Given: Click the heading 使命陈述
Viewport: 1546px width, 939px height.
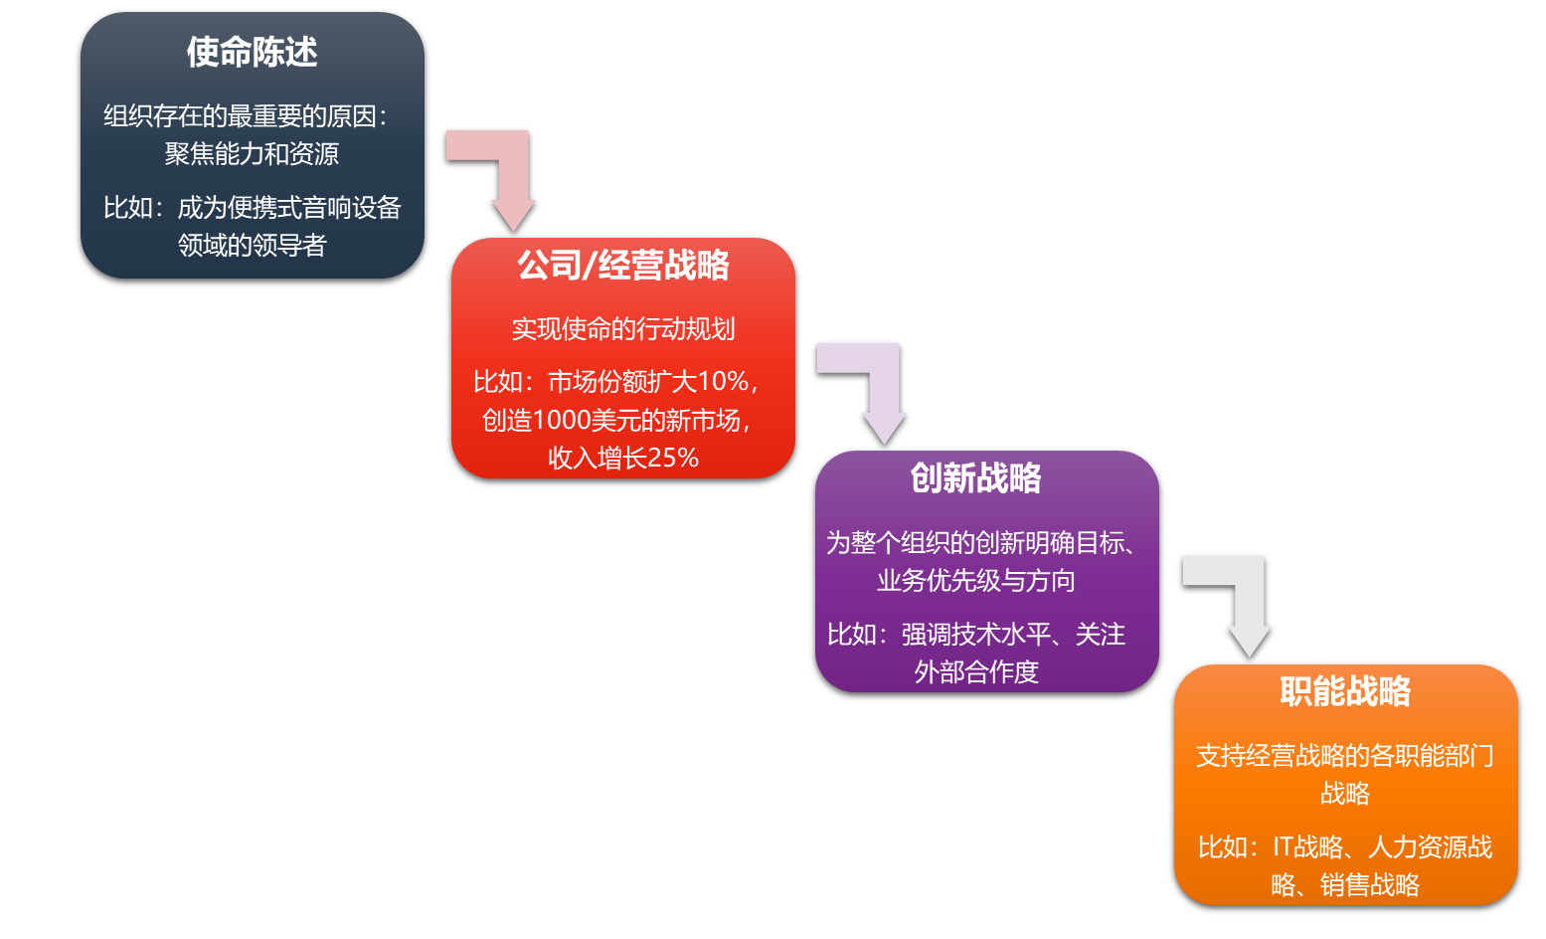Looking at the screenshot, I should click(253, 52).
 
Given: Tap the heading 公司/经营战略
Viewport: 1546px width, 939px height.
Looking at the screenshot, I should click(623, 266).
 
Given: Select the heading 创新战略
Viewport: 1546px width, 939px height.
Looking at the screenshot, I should click(975, 478).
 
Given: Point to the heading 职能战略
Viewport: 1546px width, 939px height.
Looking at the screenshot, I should click(1345, 691).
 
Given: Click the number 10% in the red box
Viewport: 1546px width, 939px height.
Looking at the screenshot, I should click(723, 382).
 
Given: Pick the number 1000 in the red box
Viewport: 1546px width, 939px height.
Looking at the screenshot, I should click(562, 420).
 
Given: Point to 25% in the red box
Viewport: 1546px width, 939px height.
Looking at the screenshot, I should click(673, 458).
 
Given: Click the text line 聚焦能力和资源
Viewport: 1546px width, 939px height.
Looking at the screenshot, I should click(253, 154).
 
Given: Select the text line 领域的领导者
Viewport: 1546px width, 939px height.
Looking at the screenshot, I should click(253, 246).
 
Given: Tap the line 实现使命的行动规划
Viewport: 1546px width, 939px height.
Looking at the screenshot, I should click(623, 329).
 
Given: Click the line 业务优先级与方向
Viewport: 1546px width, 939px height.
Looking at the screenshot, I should click(975, 581).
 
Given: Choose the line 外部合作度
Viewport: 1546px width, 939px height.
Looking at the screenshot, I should click(975, 672).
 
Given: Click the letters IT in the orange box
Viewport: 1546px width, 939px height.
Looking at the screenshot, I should click(1282, 847).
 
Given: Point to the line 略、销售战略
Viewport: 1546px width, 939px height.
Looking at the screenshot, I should click(1345, 885).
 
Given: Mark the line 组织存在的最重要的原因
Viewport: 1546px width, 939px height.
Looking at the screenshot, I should click(245, 116).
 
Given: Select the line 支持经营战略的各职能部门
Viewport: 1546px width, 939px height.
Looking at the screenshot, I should click(1345, 756).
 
